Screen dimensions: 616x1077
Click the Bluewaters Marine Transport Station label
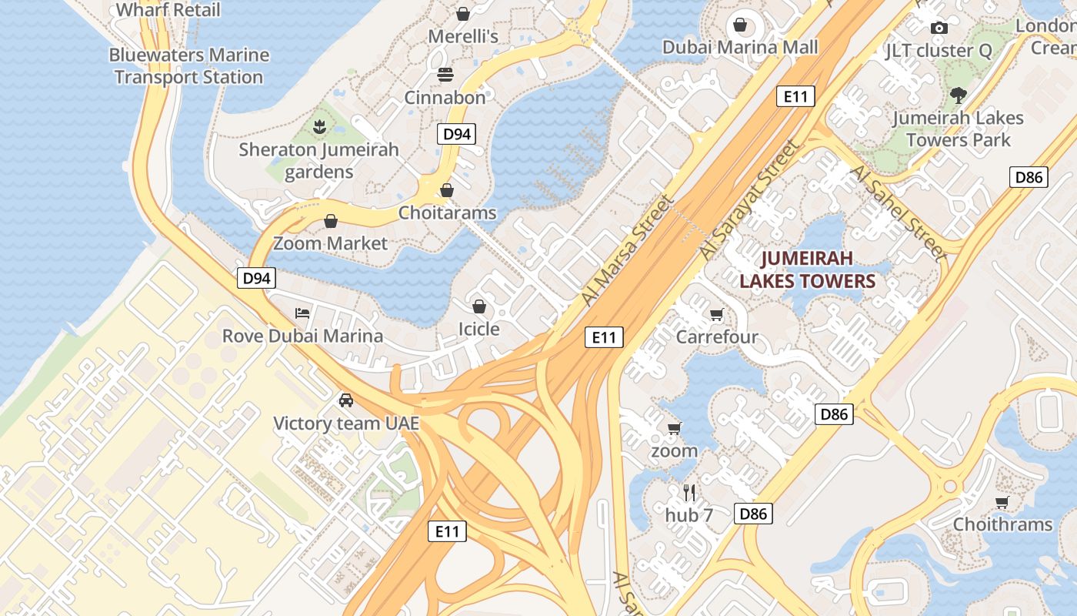click(188, 66)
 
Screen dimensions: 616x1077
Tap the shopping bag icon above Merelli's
click(463, 14)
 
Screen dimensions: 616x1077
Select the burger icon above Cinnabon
click(445, 75)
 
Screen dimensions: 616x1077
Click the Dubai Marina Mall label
click(740, 48)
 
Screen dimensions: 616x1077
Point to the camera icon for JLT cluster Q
click(939, 28)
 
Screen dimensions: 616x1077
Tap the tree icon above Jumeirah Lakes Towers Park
click(958, 95)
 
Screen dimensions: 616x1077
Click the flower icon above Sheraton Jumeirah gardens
click(319, 126)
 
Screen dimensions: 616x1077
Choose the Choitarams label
click(447, 213)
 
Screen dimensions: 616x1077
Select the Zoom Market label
click(331, 243)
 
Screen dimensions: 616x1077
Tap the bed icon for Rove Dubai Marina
click(303, 313)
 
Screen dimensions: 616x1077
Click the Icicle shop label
click(478, 330)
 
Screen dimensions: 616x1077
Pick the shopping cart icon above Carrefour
click(717, 314)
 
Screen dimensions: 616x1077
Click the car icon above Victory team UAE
click(346, 400)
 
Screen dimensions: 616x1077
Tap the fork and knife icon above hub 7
click(689, 492)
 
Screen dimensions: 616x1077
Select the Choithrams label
click(1002, 524)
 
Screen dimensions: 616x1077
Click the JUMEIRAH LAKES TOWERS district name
click(808, 269)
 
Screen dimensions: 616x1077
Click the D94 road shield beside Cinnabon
click(457, 134)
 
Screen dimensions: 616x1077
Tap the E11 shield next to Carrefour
click(604, 336)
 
